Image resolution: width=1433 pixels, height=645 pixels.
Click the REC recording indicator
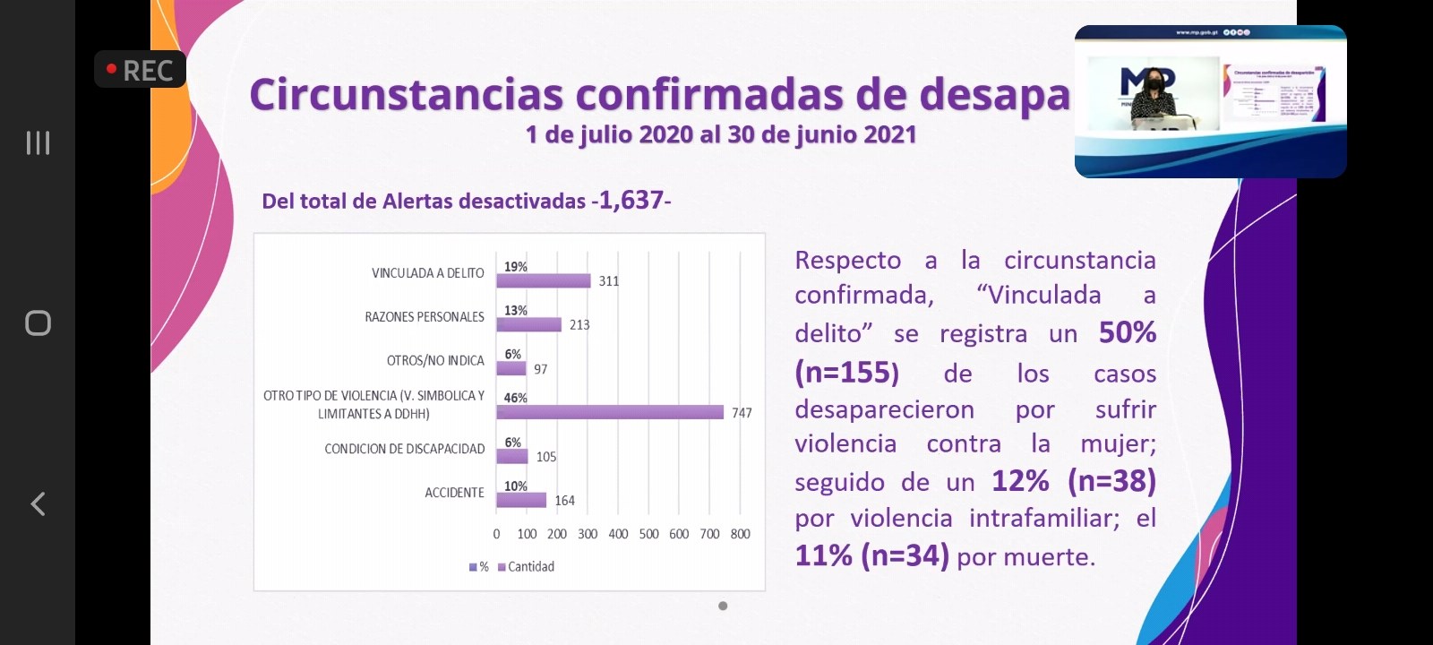point(140,70)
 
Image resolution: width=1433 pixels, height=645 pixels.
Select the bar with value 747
point(609,412)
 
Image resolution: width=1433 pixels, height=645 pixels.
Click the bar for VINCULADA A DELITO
point(543,280)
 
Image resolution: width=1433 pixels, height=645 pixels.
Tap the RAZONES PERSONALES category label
point(425,317)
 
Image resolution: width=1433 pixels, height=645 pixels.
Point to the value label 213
point(579,325)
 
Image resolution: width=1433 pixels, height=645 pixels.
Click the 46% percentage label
point(516,398)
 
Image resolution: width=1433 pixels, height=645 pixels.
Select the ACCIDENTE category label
point(454,493)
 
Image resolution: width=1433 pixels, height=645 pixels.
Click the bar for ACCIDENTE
point(521,500)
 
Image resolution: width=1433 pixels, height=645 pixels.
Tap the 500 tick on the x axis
point(648,534)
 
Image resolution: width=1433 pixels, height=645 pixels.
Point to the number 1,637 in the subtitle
point(631,200)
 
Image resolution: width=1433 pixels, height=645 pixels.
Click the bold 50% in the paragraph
point(1128,332)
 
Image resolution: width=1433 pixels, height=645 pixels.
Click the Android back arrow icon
point(38,503)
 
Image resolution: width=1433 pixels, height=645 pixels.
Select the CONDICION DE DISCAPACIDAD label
point(404,449)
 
